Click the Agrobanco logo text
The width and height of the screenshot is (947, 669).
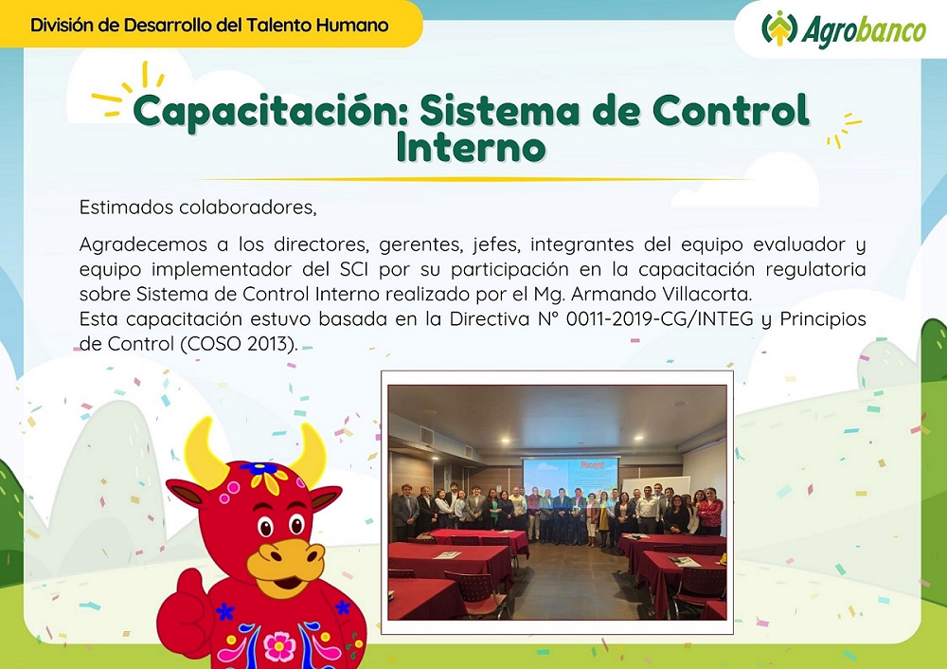pos(864,31)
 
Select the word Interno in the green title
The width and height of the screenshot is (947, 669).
pos(471,147)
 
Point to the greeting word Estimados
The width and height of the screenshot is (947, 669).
pos(127,208)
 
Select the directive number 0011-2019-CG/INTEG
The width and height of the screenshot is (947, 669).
pos(659,319)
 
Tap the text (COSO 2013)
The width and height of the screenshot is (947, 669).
pos(239,344)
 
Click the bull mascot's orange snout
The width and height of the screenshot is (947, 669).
pos(285,560)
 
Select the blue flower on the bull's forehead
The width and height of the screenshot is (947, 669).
pos(258,468)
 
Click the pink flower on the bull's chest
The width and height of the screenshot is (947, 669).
pos(279,646)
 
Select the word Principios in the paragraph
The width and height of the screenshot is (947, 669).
pos(823,319)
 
